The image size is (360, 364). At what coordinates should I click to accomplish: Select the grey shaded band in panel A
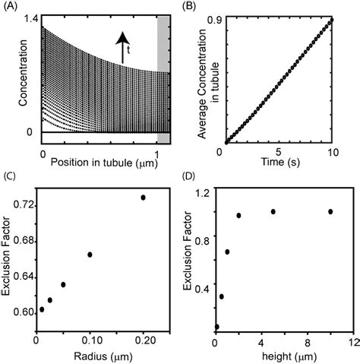click(163, 76)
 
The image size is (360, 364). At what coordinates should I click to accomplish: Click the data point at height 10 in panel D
click(330, 211)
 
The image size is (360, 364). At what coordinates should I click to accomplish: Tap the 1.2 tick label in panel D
click(201, 192)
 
